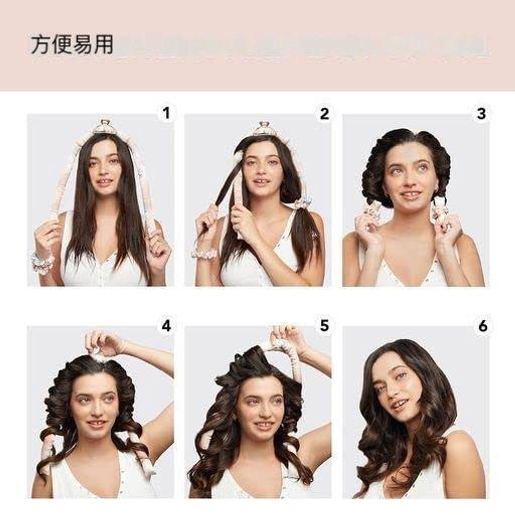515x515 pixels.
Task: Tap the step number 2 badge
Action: (x=324, y=114)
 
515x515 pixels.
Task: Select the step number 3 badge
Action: (x=481, y=114)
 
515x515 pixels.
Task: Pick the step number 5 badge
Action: (x=324, y=326)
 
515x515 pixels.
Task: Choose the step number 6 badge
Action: (x=482, y=326)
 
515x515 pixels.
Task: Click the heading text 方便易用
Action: (x=72, y=45)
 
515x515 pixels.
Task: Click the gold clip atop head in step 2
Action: (x=263, y=128)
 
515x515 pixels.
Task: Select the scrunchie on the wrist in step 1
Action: (x=42, y=262)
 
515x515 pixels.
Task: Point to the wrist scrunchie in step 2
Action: (x=204, y=251)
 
